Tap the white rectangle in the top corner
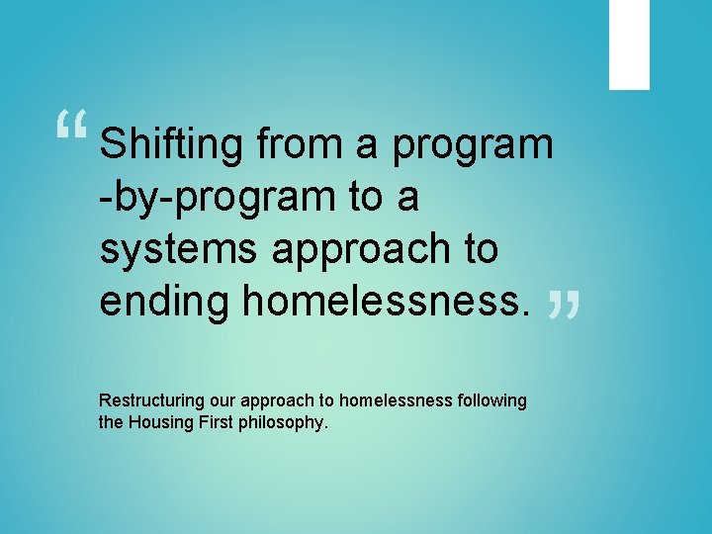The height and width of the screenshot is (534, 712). pyautogui.click(x=629, y=44)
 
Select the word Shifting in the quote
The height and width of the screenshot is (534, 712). pyautogui.click(x=171, y=145)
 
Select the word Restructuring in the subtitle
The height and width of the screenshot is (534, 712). pyautogui.click(x=148, y=400)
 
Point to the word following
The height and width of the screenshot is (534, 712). pyautogui.click(x=492, y=400)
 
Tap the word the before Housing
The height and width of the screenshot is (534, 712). pyautogui.click(x=112, y=422)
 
